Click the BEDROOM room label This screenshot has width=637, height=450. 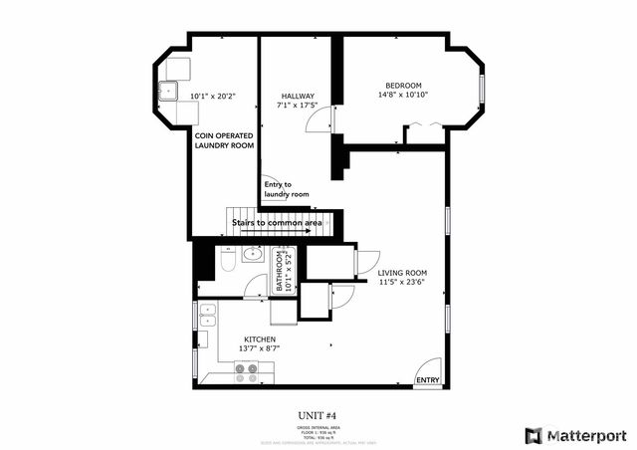point(404,85)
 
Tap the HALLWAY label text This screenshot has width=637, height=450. point(298,97)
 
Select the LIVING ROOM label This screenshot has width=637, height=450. point(402,273)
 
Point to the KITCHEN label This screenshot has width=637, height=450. point(260,339)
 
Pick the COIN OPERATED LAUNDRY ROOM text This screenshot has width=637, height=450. point(224,139)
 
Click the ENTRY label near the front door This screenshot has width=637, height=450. point(428,380)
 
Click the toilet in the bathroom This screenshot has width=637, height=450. point(227,262)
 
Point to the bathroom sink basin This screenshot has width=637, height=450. point(253,256)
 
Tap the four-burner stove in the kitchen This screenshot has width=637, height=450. point(246,373)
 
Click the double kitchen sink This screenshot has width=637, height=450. point(207,316)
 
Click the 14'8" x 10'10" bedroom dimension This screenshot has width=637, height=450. point(404,96)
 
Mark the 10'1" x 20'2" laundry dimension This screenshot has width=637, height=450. point(212,97)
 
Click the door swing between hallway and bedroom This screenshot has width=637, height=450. point(319,121)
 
